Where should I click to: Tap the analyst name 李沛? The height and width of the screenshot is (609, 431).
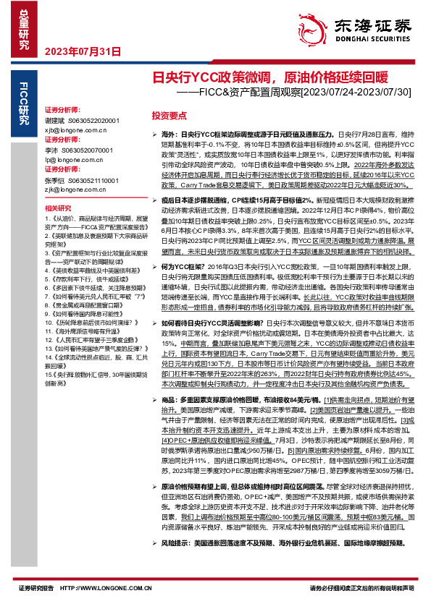click(51, 148)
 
